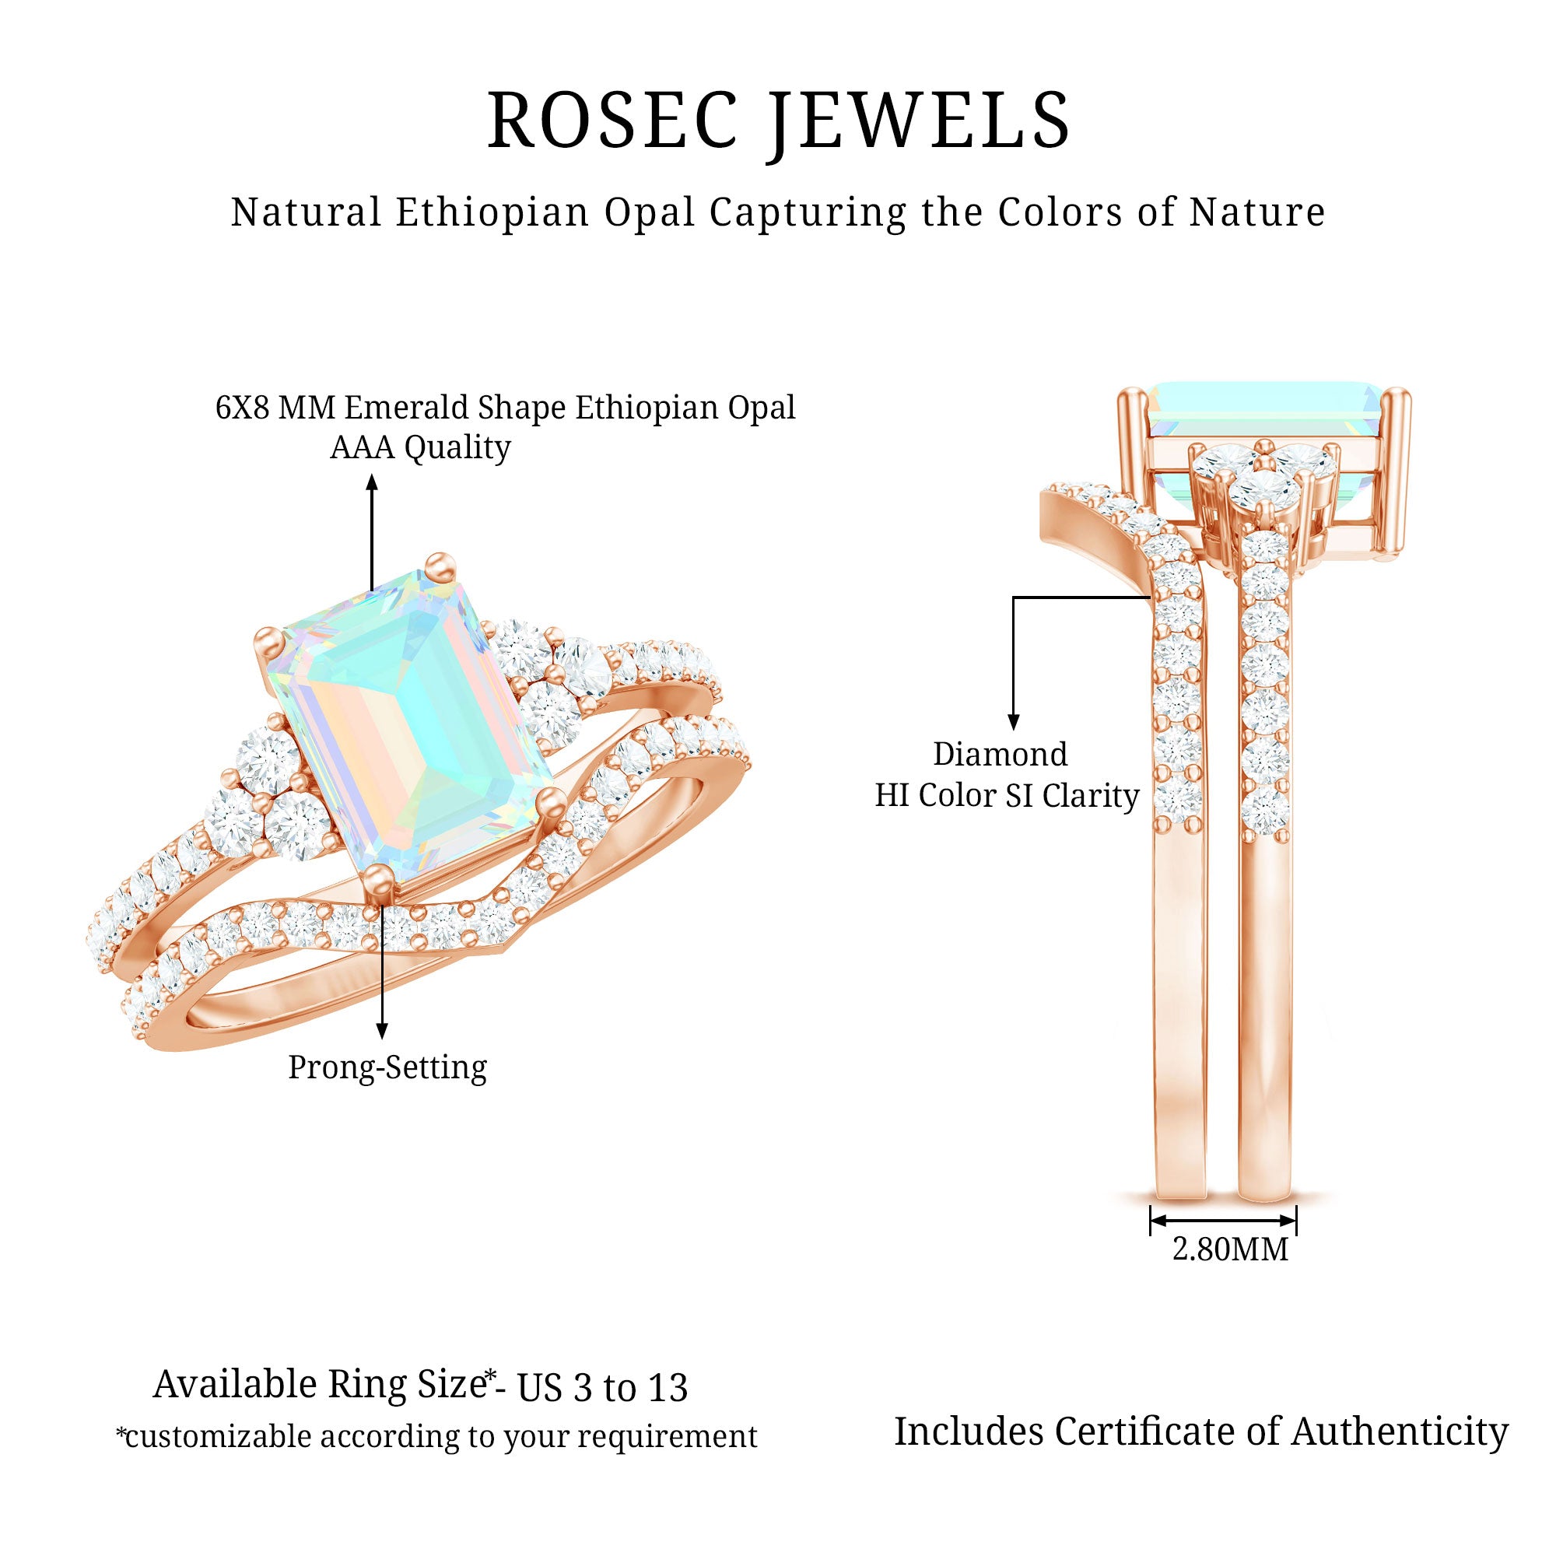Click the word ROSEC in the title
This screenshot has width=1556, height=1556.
tap(612, 121)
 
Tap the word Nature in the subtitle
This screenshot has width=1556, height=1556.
tap(1257, 212)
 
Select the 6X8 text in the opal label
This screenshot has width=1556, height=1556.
tap(243, 408)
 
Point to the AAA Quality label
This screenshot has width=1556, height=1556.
tap(419, 448)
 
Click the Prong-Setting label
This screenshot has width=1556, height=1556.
tap(387, 1068)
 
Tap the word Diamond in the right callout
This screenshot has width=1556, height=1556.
tap(1001, 755)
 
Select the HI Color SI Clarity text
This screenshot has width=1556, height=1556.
tap(1007, 796)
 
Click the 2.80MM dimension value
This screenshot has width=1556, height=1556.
tap(1230, 1249)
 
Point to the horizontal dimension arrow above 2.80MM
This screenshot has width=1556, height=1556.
tap(1222, 1220)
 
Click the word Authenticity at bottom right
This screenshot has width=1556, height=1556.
tap(1400, 1432)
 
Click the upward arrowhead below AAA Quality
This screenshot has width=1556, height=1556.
tap(371, 482)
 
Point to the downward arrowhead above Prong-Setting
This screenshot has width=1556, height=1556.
tap(382, 1032)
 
